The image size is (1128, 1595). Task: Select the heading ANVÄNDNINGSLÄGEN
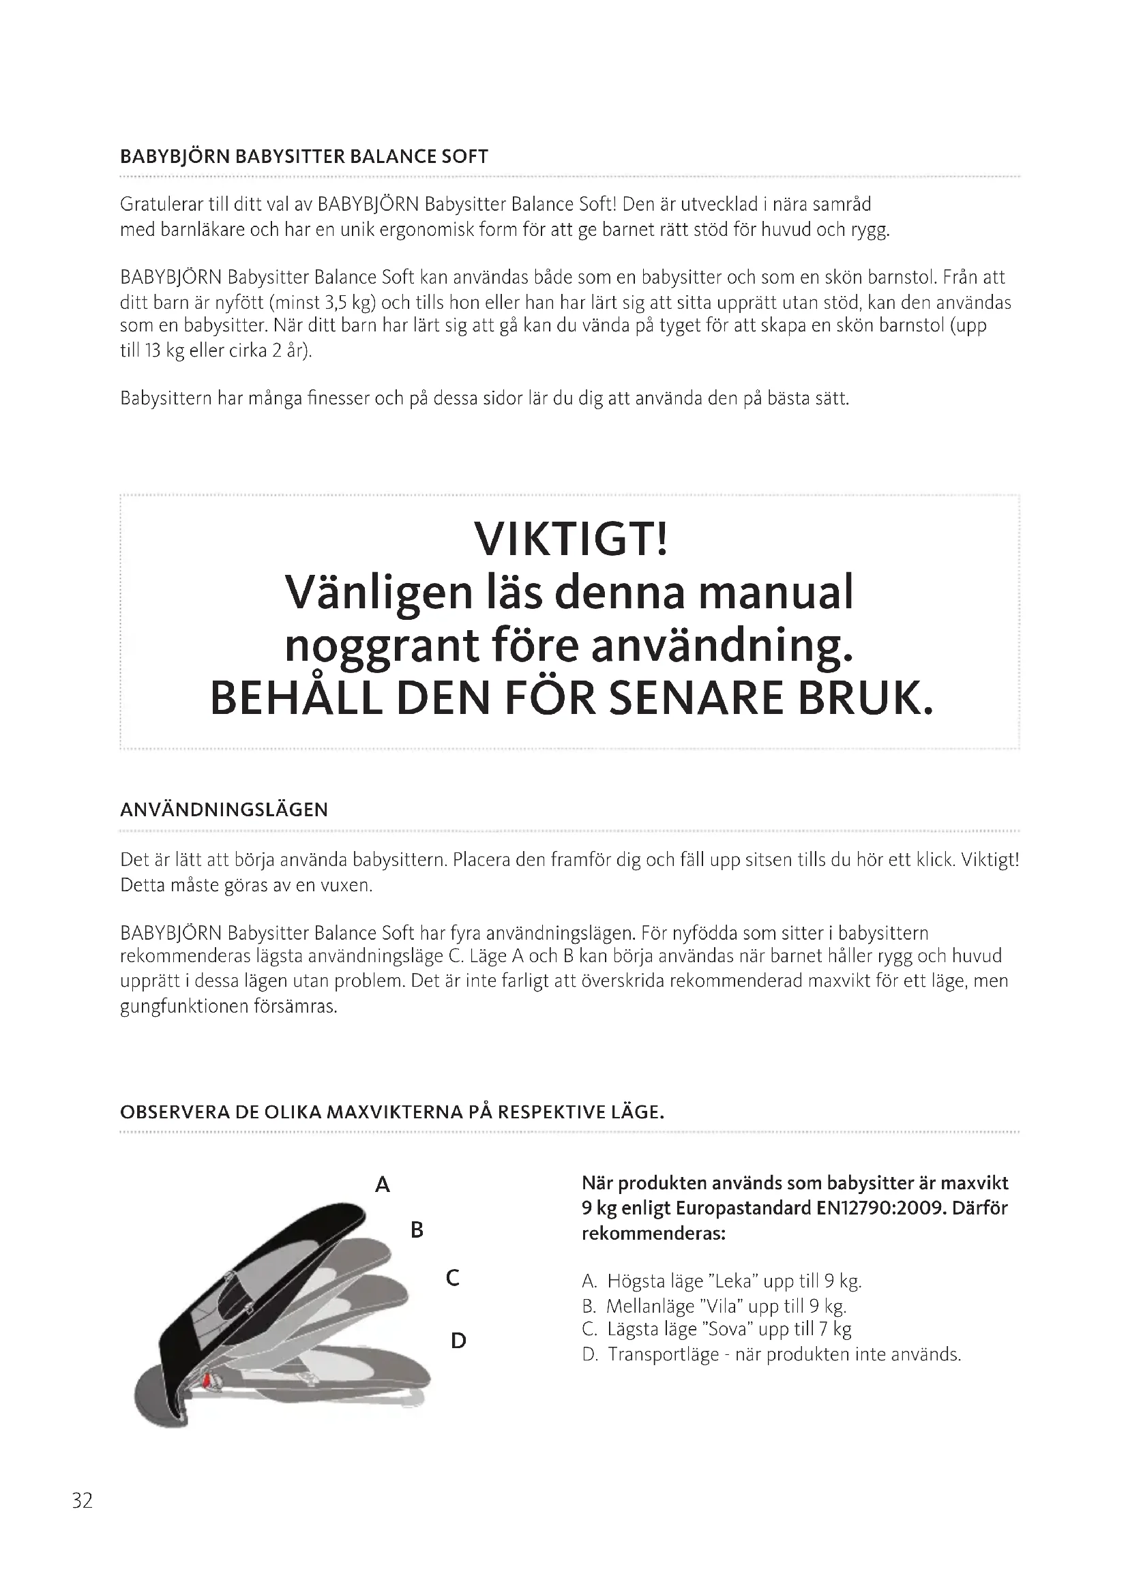point(224,809)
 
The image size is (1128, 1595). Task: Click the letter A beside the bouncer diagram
point(382,1184)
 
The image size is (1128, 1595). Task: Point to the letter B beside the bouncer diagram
point(417,1230)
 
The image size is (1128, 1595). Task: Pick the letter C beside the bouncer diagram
point(452,1277)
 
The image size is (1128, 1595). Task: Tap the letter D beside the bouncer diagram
point(458,1340)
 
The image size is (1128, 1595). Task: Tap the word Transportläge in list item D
point(664,1354)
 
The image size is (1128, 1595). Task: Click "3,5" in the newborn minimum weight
point(336,303)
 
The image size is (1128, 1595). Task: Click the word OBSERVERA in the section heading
point(175,1112)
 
